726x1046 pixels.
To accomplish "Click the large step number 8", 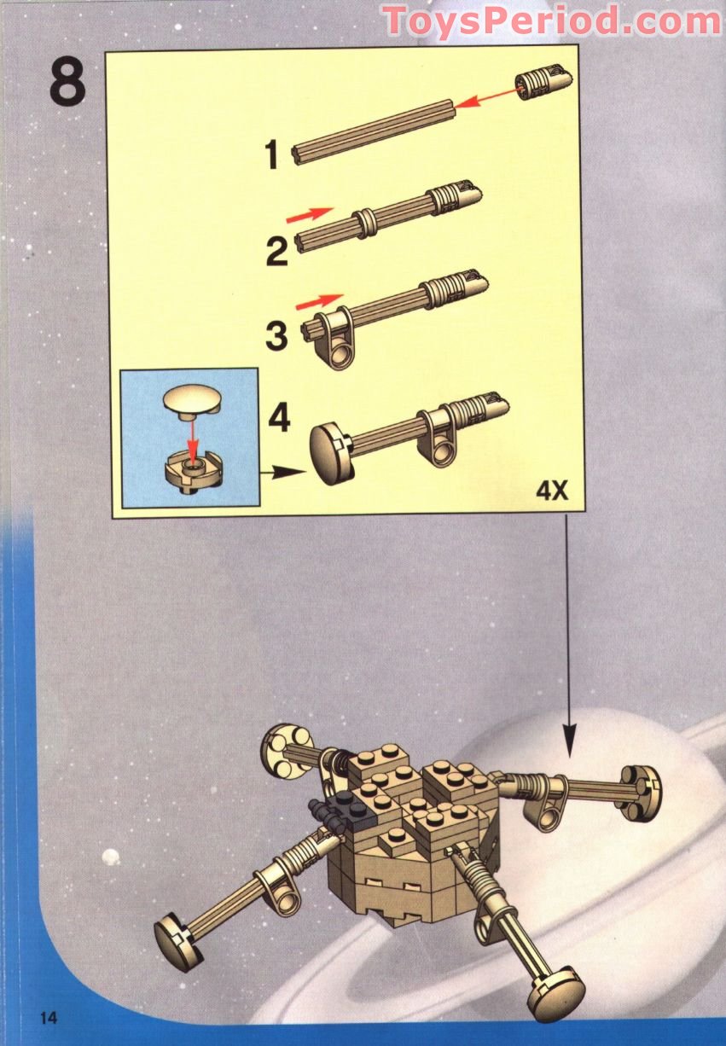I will pyautogui.click(x=67, y=83).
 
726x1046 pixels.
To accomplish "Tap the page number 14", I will pyautogui.click(x=48, y=1017).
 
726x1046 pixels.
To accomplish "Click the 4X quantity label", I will pyautogui.click(x=552, y=491).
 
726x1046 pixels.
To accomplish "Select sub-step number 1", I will pyautogui.click(x=272, y=156).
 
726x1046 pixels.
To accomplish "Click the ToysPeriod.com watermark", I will pyautogui.click(x=551, y=21).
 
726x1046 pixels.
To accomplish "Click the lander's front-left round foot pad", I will pyautogui.click(x=177, y=938).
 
